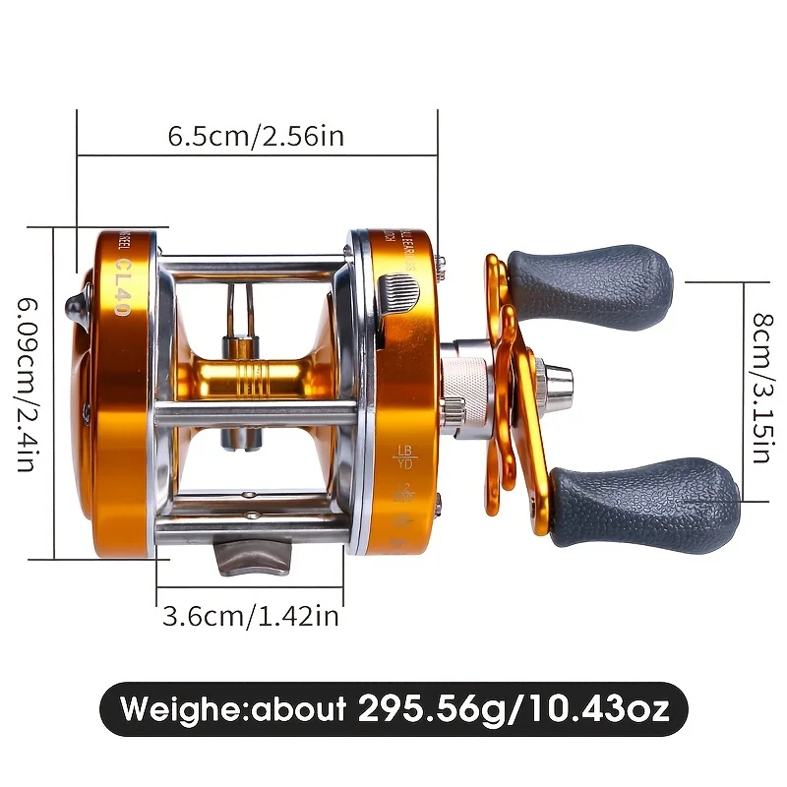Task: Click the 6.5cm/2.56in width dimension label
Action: click(256, 136)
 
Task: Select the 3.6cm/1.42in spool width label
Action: click(250, 616)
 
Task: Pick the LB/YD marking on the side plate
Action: click(403, 458)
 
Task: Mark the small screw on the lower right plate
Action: click(437, 508)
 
